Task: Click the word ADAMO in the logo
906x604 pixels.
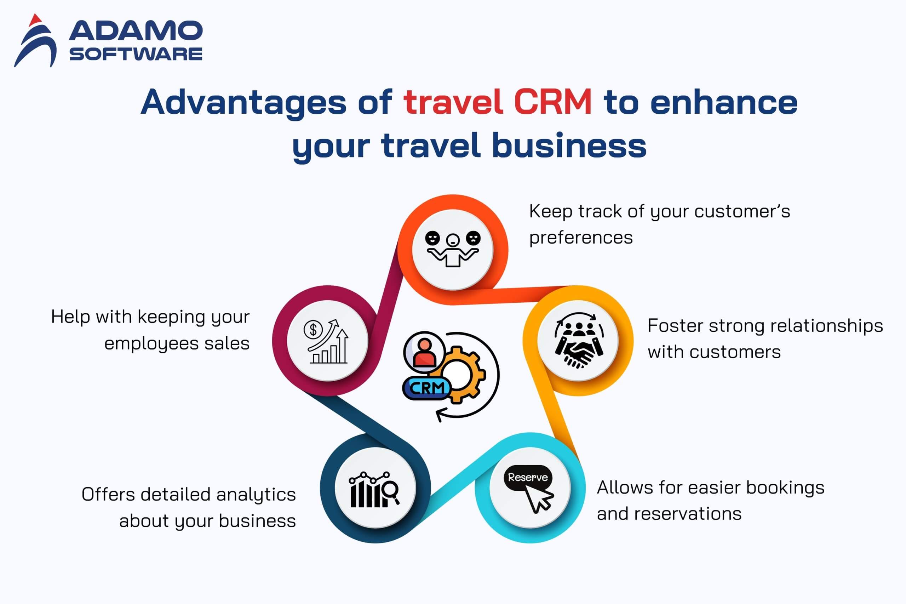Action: point(136,31)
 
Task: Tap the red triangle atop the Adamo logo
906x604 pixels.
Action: point(35,20)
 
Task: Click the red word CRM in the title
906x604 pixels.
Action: point(552,102)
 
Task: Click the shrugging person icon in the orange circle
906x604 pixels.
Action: point(453,249)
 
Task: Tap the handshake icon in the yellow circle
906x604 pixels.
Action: point(579,340)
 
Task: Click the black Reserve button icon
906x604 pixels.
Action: point(528,478)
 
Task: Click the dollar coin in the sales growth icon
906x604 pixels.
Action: point(313,330)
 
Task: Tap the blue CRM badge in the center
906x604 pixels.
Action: point(426,388)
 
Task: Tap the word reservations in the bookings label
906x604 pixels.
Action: point(688,514)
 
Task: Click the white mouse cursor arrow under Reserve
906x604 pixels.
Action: point(539,499)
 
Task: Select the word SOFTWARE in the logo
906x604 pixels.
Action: point(136,53)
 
